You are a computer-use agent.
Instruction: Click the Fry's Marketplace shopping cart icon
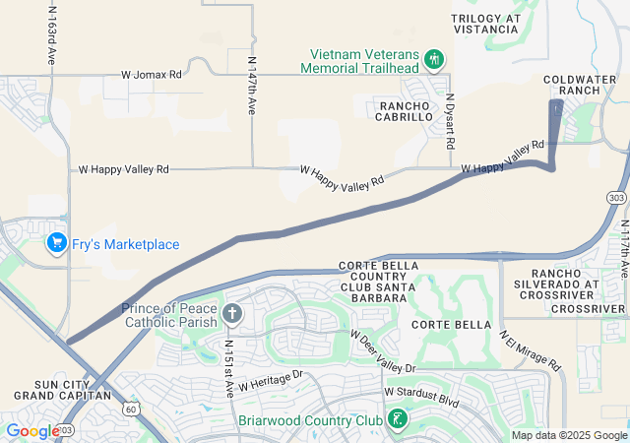[x=56, y=243]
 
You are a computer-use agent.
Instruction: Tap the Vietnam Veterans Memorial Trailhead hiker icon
[x=433, y=60]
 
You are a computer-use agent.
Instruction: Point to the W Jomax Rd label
[x=152, y=74]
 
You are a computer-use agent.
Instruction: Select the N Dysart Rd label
[x=450, y=121]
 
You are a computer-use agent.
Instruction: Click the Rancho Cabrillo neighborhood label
[x=400, y=110]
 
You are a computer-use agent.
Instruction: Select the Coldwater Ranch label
[x=587, y=84]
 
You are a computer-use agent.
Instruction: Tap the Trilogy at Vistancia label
[x=484, y=24]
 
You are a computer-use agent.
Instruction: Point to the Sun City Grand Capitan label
[x=62, y=389]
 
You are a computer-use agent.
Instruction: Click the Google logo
[x=32, y=431]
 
